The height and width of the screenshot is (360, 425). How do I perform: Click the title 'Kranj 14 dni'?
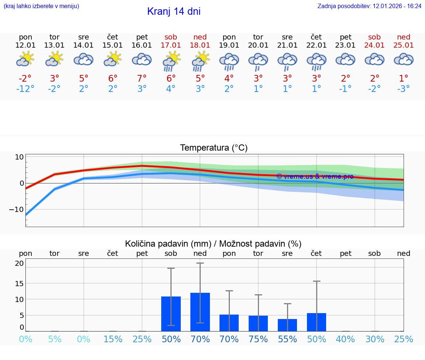pos(174,11)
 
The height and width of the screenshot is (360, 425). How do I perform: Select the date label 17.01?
pos(171,45)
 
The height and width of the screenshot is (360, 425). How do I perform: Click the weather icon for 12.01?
pos(25,59)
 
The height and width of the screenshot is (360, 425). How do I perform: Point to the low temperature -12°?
pos(25,89)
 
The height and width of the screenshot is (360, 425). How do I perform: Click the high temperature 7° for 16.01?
pos(142,78)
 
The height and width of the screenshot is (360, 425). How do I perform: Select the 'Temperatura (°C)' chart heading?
pos(214,148)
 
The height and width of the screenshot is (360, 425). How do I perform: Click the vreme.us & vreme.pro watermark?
pos(315,176)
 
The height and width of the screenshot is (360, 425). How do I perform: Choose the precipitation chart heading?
pos(213,244)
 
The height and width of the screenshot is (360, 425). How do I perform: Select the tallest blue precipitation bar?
pos(200,312)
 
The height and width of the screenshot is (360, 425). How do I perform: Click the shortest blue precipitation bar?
pos(287,325)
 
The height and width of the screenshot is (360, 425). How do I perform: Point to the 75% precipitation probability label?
pos(258,339)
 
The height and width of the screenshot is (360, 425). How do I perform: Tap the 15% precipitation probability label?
pos(113,339)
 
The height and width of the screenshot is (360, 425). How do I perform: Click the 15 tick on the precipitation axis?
pos(19,283)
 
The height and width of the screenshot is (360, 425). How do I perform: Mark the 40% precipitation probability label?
pos(345,339)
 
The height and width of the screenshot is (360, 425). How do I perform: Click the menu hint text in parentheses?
pos(41,6)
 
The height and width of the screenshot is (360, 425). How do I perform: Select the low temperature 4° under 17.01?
pos(170,89)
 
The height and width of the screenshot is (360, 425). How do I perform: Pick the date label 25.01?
pos(404,45)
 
